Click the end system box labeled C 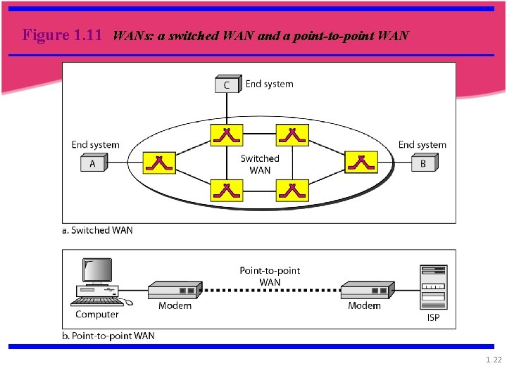click(x=227, y=84)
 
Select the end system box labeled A click(x=92, y=163)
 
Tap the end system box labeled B click(x=424, y=163)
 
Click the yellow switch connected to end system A click(x=159, y=163)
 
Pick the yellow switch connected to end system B click(x=361, y=163)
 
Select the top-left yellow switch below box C click(x=227, y=134)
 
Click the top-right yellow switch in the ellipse click(x=292, y=134)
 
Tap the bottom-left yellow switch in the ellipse click(x=227, y=189)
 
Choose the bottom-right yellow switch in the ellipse click(x=292, y=189)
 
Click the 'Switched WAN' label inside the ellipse click(x=260, y=164)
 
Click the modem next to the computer click(x=173, y=290)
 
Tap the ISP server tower click(x=433, y=287)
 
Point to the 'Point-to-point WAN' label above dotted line click(x=270, y=276)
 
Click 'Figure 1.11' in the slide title click(x=62, y=34)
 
